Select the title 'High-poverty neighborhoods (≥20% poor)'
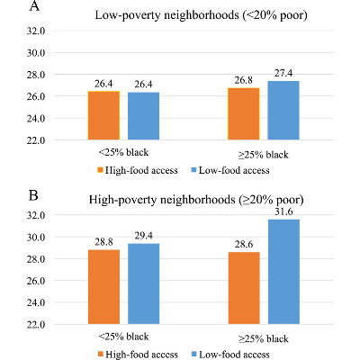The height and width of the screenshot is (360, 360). point(199,199)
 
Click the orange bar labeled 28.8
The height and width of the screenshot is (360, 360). point(103,287)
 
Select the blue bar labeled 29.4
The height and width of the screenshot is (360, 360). point(143,283)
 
